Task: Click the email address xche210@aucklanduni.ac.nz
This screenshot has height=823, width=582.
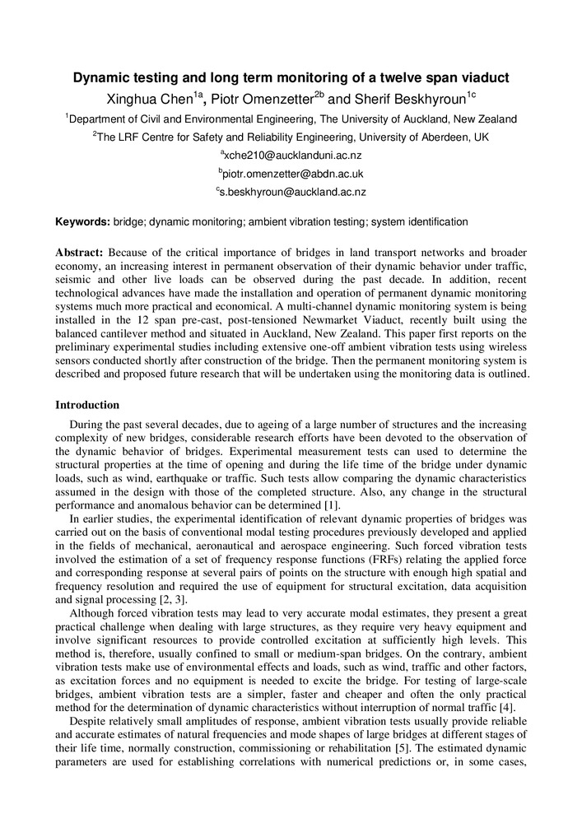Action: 292,155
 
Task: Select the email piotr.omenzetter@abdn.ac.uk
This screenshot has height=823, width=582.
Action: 292,174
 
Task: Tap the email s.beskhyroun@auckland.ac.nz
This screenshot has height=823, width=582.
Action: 292,192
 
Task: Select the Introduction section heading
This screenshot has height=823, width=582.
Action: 87,405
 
